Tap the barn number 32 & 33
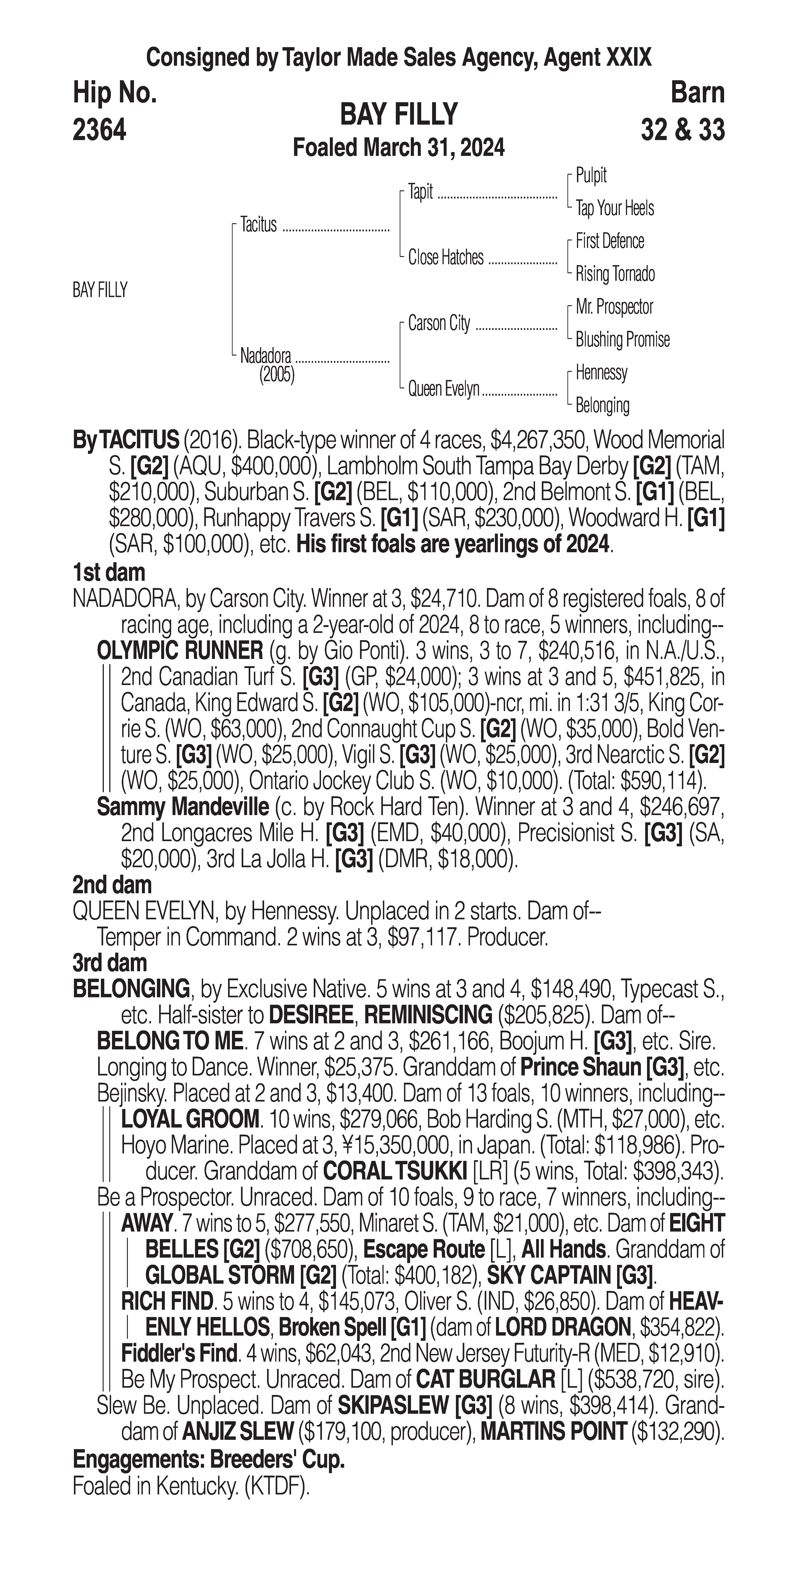682,131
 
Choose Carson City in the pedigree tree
439,323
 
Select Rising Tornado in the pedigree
615,274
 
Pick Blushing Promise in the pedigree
622,339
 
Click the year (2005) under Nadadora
277,375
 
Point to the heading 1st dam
109,573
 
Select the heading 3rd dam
110,963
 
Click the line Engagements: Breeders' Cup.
209,1460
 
